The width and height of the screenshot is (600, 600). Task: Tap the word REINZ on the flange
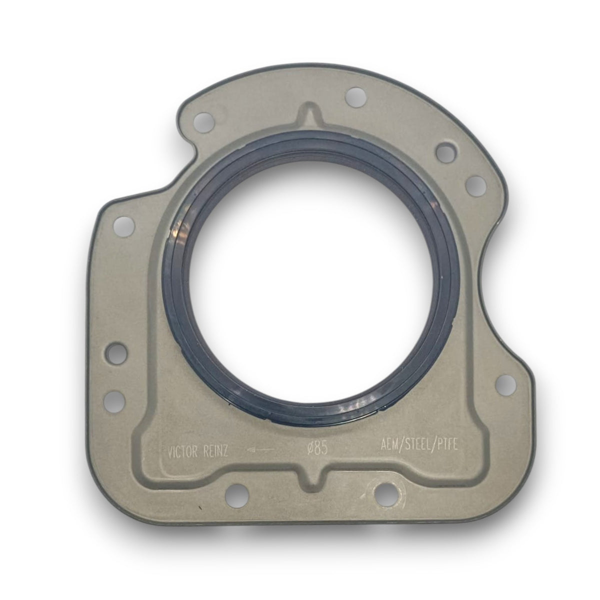point(216,459)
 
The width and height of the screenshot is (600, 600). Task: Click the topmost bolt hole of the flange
point(356,93)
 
